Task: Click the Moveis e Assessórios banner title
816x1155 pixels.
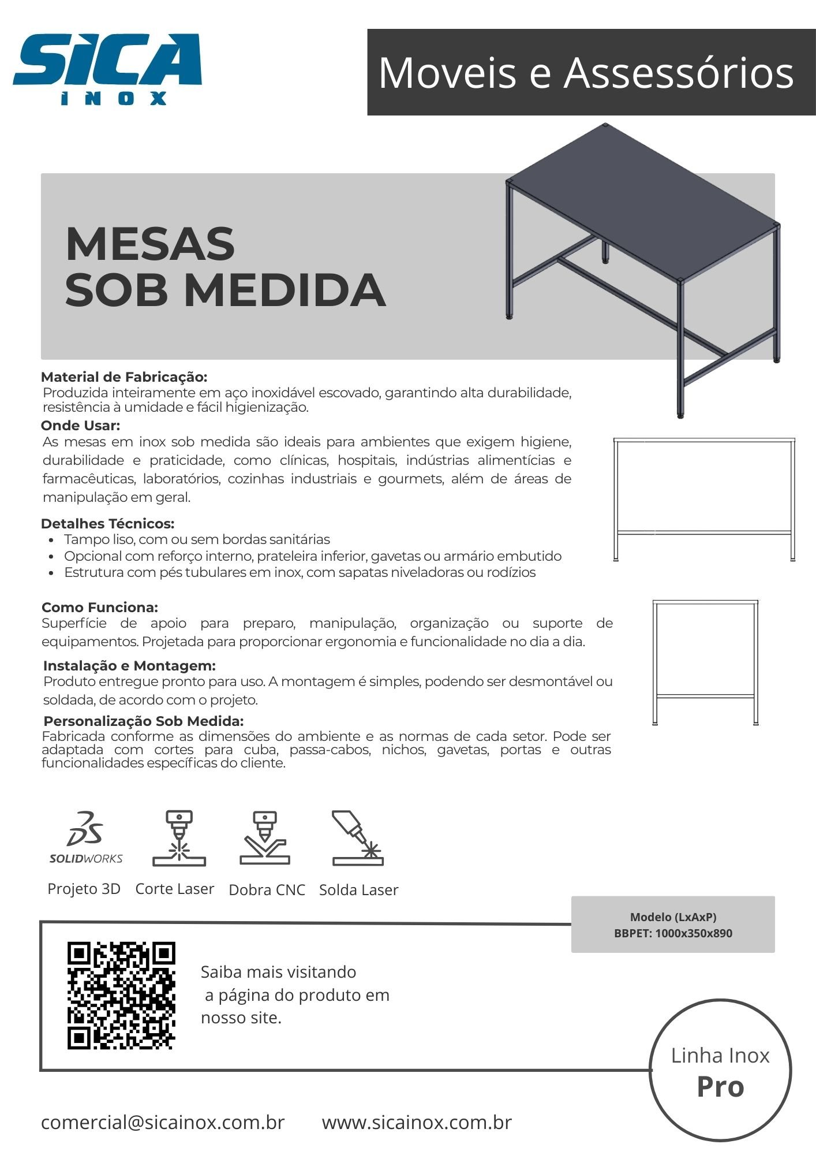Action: click(586, 73)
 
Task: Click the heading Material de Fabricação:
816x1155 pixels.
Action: click(124, 377)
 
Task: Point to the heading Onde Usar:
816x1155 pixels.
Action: click(80, 426)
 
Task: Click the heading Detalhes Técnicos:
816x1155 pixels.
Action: click(107, 524)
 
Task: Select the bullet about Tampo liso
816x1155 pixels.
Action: click(197, 539)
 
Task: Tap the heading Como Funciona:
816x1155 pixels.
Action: click(100, 607)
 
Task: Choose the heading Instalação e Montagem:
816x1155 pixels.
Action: click(129, 665)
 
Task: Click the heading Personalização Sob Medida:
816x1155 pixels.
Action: click(144, 721)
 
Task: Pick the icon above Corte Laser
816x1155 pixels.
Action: click(179, 838)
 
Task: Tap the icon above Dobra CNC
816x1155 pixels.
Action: click(265, 838)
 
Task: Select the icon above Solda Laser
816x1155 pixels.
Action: click(358, 838)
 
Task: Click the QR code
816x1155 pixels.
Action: click(121, 996)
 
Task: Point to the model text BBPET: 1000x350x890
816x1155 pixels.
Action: click(673, 933)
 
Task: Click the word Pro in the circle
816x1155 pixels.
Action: click(720, 1086)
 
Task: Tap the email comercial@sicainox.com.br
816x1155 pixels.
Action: click(163, 1122)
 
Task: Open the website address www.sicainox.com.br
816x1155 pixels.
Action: click(417, 1122)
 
